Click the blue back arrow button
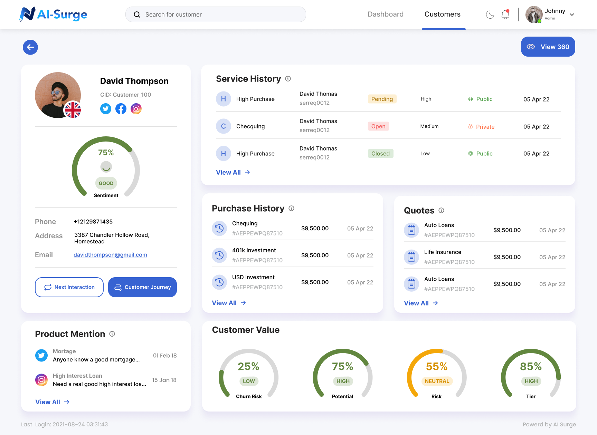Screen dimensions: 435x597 (x=30, y=47)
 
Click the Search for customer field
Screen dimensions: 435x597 (x=216, y=14)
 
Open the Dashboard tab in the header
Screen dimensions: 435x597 (x=386, y=14)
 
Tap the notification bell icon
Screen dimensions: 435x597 (x=505, y=14)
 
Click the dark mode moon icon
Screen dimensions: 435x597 (x=490, y=14)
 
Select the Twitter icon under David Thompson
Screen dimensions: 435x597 (x=106, y=109)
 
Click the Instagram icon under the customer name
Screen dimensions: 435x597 (x=136, y=109)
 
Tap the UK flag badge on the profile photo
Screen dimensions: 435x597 (x=73, y=110)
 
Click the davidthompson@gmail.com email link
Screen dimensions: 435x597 (x=110, y=255)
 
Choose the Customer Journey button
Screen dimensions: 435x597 (x=142, y=287)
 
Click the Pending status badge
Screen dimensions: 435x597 (x=382, y=99)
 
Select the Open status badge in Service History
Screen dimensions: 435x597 (x=378, y=126)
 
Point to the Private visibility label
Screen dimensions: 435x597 (x=485, y=127)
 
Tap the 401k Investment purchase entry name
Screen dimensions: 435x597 (x=254, y=250)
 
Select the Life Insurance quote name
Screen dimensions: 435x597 (x=443, y=252)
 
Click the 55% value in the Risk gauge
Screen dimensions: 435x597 (x=437, y=366)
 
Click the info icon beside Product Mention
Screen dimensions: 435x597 (x=112, y=334)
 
